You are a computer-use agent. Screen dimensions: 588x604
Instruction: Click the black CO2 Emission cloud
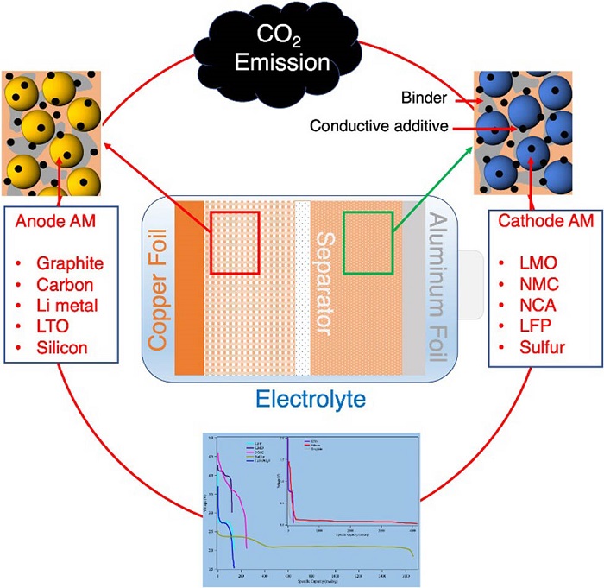pyautogui.click(x=293, y=49)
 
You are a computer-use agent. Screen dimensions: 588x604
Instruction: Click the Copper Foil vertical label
pyautogui.click(x=157, y=293)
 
